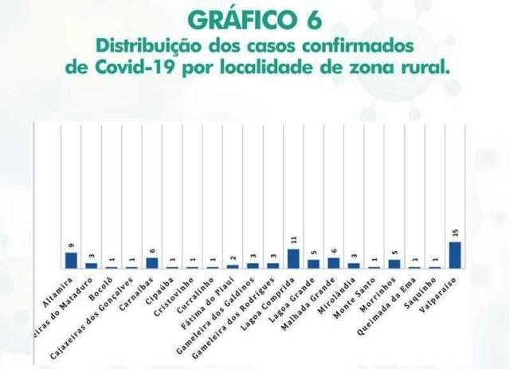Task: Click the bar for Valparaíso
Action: click(456, 255)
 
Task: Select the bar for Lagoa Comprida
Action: click(293, 259)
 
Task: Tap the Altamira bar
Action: click(70, 260)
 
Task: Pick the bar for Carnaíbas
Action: click(151, 262)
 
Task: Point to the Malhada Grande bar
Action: click(334, 262)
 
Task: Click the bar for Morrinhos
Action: click(394, 264)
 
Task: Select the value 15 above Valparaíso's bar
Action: click(456, 233)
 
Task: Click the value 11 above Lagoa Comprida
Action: click(293, 239)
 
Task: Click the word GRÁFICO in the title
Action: click(237, 18)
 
